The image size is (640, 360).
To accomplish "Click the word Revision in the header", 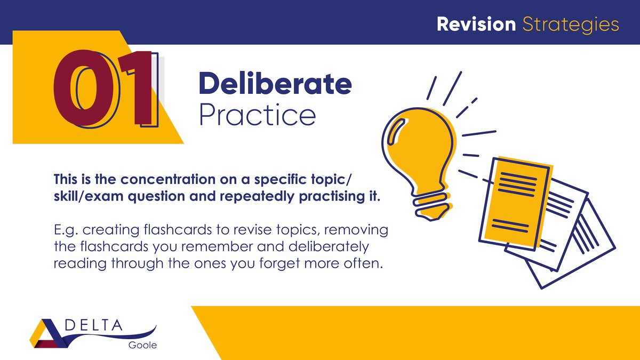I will pos(476,24).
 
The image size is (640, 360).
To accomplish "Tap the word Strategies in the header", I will pos(571,25).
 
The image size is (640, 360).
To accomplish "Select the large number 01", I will pos(105,89).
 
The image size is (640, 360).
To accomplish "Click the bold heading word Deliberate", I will pos(275,84).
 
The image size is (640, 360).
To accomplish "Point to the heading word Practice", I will pos(257,115).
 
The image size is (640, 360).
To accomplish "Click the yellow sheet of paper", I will pos(515,203).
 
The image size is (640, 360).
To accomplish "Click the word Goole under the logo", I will pos(142,345).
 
